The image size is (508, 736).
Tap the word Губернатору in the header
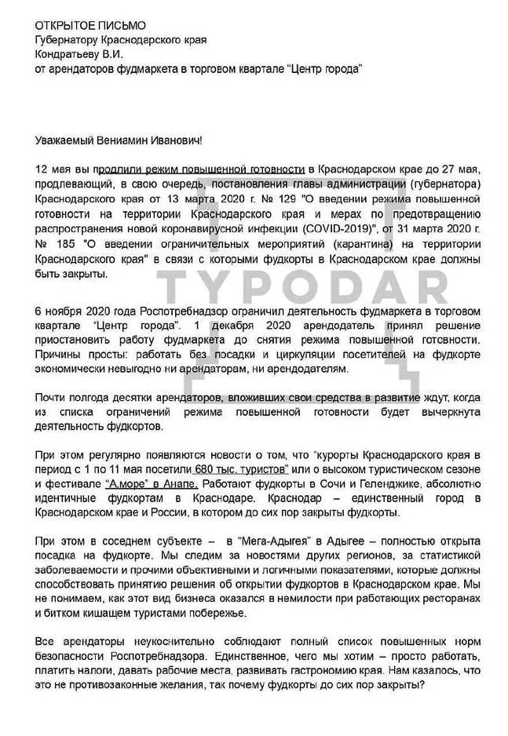click(69, 41)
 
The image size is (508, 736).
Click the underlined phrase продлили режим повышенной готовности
click(206, 169)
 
